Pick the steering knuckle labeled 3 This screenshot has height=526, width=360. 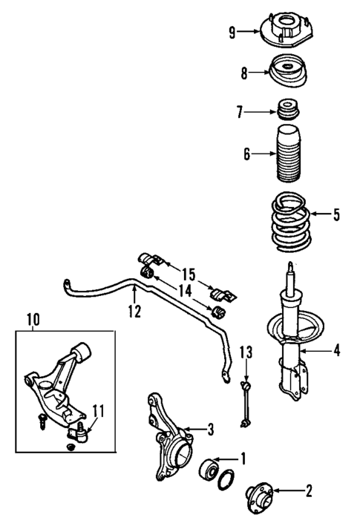pyautogui.click(x=168, y=434)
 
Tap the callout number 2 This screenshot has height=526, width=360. pyautogui.click(x=308, y=490)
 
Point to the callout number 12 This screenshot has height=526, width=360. pyautogui.click(x=134, y=312)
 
